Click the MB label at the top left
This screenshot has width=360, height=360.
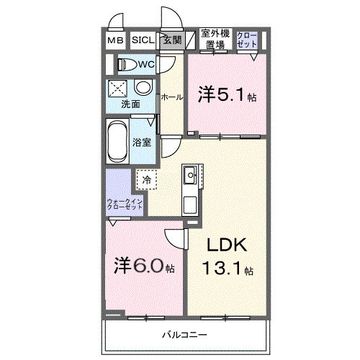click(116, 41)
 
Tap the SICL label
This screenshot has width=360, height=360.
click(142, 41)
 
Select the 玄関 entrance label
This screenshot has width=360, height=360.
click(171, 40)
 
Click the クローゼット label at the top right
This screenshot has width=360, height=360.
click(247, 40)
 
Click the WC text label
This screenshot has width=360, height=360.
click(147, 65)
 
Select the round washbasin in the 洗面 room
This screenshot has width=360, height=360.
click(143, 88)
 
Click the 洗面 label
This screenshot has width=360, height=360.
click(130, 104)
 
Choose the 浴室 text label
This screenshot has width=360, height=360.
click(141, 142)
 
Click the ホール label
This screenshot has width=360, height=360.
click(171, 96)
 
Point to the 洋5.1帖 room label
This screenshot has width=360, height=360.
click(226, 94)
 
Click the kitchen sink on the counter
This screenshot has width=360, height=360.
click(190, 174)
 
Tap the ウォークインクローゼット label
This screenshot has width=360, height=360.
click(125, 204)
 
